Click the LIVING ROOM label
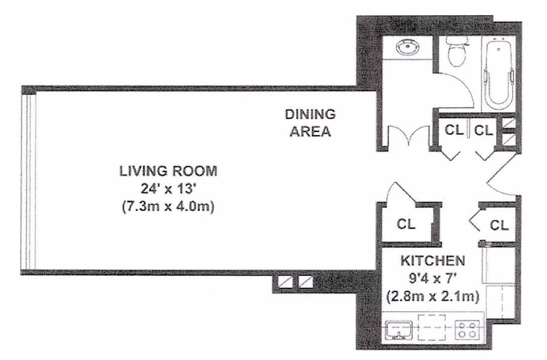(x=168, y=171)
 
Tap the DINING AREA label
(x=310, y=123)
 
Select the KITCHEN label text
(x=432, y=260)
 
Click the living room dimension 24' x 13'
(x=168, y=189)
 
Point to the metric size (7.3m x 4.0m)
(x=168, y=206)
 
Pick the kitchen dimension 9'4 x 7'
(x=432, y=278)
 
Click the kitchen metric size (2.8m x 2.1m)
(x=432, y=296)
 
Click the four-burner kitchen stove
(x=467, y=329)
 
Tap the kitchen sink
(x=399, y=329)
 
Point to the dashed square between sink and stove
(x=432, y=327)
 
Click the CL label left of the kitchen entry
(x=406, y=224)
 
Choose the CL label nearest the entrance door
(x=499, y=225)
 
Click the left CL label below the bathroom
(x=454, y=130)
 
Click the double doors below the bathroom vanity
(x=409, y=137)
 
